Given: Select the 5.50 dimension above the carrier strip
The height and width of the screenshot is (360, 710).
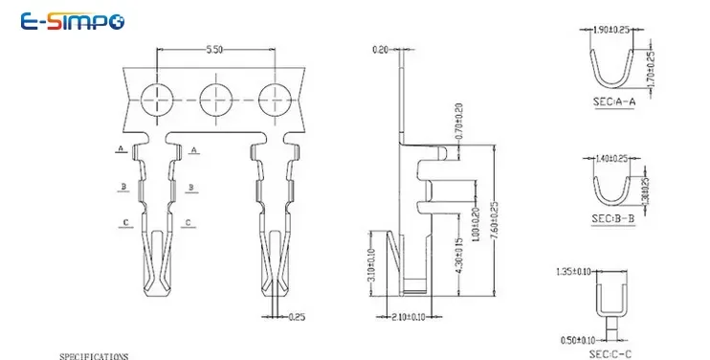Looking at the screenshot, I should point(214,49).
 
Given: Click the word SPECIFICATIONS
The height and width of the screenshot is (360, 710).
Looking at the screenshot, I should point(93,355).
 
